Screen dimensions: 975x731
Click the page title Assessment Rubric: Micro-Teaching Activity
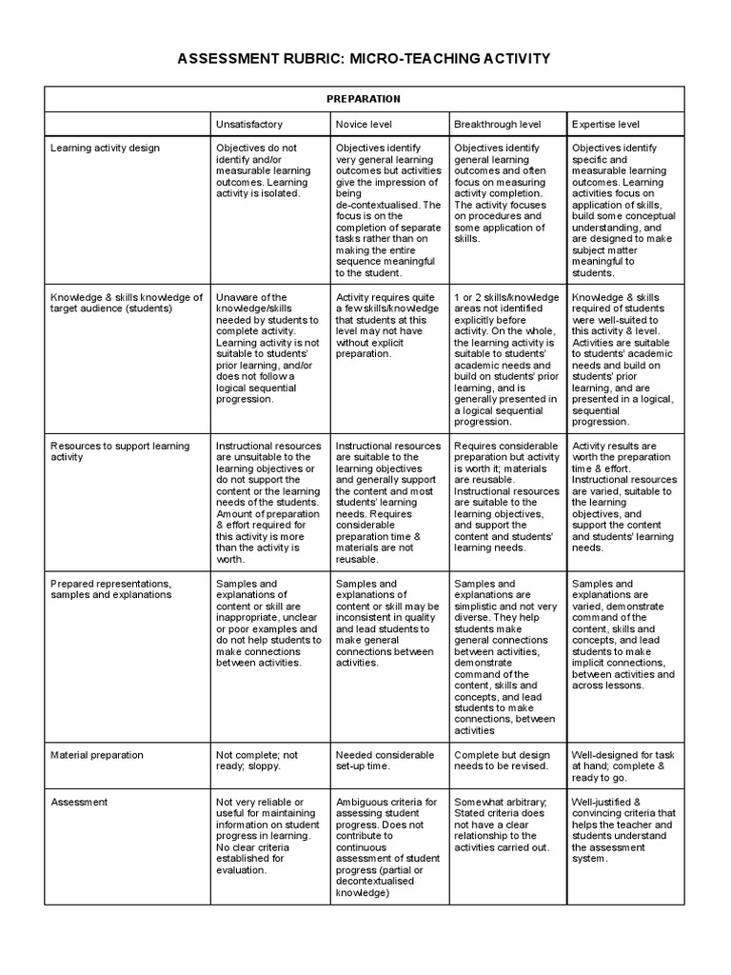point(365,59)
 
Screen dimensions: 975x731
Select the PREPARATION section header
point(364,99)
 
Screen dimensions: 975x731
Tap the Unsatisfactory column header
point(249,125)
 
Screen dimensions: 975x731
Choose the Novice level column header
point(365,125)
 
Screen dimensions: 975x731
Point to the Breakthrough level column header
point(498,125)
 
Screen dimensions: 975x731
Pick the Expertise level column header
point(605,125)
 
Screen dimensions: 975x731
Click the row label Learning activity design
point(106,149)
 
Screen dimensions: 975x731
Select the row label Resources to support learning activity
point(120,451)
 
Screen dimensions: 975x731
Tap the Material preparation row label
point(97,755)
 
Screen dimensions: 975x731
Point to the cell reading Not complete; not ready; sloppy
point(257,760)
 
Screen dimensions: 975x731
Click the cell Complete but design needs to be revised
point(502,760)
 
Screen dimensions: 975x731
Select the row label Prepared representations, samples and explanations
point(111,588)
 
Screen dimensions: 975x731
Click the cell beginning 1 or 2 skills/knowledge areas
point(504,359)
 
